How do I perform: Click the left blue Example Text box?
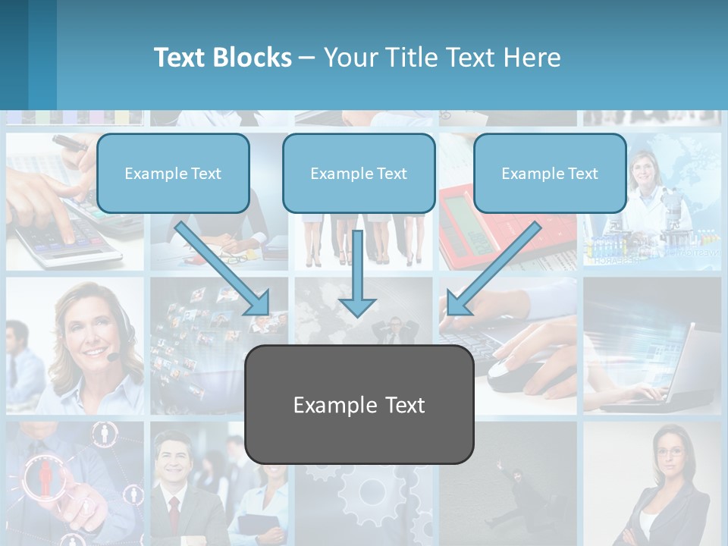pos(173,173)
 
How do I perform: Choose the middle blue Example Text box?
pos(359,173)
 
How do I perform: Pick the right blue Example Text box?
pos(550,173)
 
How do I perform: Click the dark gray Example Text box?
pos(359,404)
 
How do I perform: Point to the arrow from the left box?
pos(224,269)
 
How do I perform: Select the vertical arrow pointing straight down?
pos(357,273)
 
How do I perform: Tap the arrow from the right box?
pos(493,269)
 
